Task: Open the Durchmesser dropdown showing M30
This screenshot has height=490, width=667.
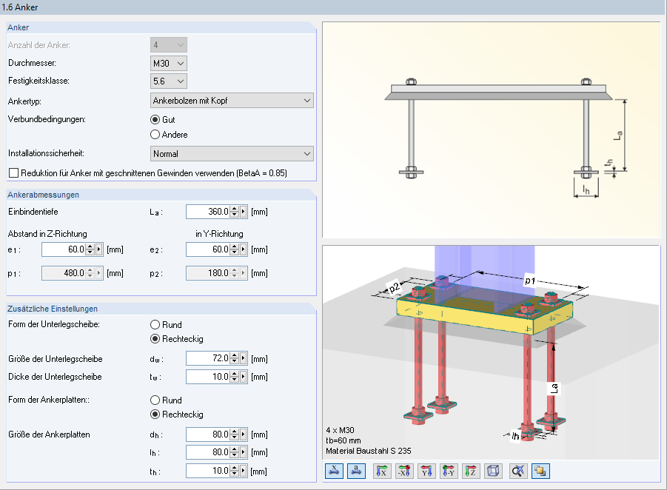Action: pos(169,64)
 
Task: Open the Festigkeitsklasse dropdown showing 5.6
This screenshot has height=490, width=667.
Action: pos(169,81)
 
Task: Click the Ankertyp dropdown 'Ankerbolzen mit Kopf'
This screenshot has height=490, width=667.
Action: pos(232,101)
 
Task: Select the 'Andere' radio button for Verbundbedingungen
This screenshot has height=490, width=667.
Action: pos(155,135)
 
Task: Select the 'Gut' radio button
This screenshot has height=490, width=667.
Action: pos(155,120)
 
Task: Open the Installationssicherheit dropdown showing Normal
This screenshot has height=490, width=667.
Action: pos(232,154)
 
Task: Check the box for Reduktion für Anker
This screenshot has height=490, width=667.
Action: pos(13,173)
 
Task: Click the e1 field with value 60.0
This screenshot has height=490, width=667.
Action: pos(64,249)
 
